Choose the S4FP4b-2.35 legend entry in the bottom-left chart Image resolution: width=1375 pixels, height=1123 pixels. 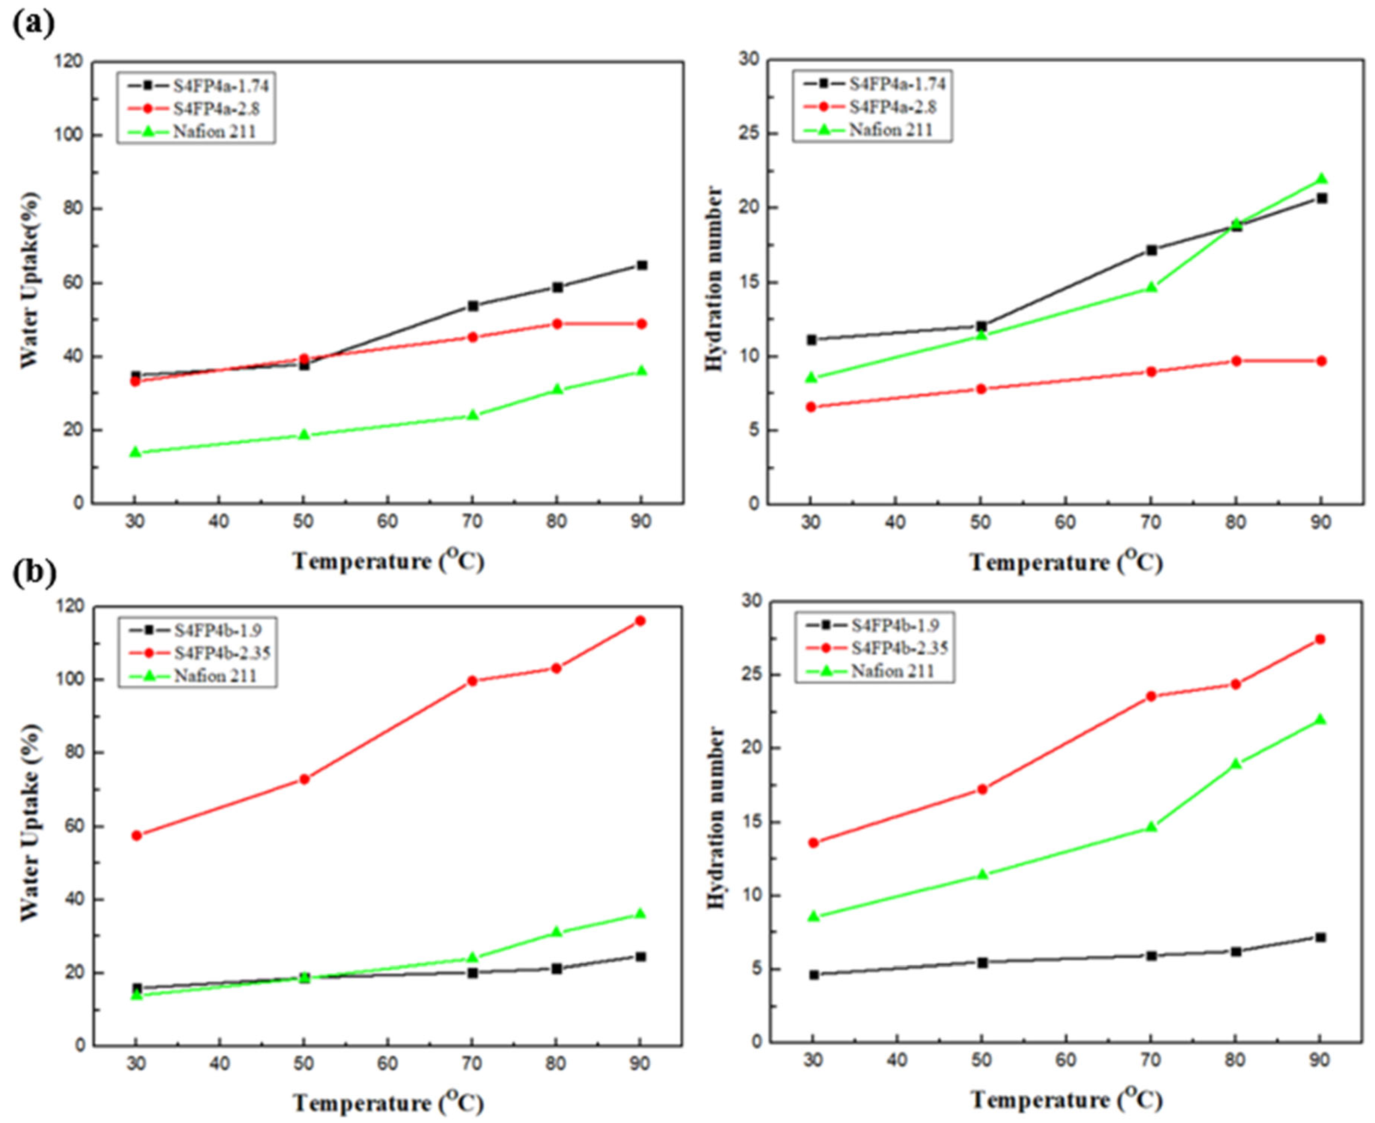pos(197,653)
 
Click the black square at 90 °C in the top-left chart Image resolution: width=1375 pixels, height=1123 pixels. pos(642,265)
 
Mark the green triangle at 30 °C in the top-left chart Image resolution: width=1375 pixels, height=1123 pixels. pos(135,452)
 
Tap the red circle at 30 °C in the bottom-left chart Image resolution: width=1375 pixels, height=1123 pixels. pos(137,835)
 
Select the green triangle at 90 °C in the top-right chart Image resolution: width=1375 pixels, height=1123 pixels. pos(1321,178)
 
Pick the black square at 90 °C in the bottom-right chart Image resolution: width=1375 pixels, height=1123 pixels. pos(1320,937)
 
